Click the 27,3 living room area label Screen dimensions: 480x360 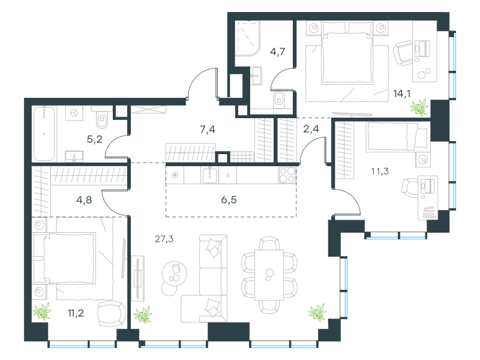pyautogui.click(x=164, y=239)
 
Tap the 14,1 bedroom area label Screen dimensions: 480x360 pyautogui.click(x=401, y=94)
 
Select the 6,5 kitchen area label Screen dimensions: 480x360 pyautogui.click(x=229, y=200)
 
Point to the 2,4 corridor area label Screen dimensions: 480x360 pyautogui.click(x=311, y=129)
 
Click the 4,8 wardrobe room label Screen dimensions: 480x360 pyautogui.click(x=84, y=200)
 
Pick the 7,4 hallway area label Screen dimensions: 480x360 pyautogui.click(x=207, y=130)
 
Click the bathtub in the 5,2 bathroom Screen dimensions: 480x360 pyautogui.click(x=44, y=133)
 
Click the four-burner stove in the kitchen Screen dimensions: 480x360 pyautogui.click(x=287, y=175)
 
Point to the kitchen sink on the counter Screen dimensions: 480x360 pyautogui.click(x=209, y=175)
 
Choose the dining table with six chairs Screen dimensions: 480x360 pyautogui.click(x=269, y=275)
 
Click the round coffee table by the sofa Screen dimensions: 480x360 pyautogui.click(x=175, y=274)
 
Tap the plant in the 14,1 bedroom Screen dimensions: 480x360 pyautogui.click(x=419, y=107)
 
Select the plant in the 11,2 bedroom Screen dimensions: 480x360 pyautogui.click(x=42, y=311)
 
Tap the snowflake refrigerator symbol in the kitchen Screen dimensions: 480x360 pyautogui.click(x=175, y=175)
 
